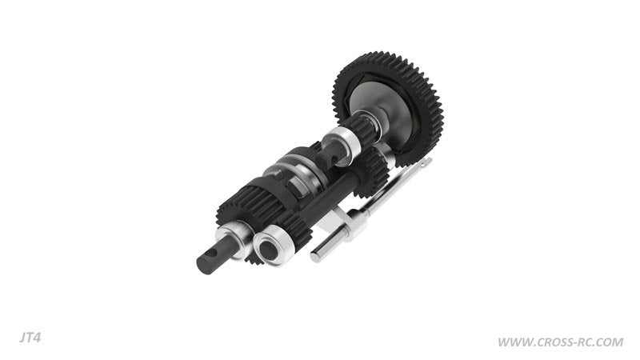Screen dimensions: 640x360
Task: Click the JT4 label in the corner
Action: click(x=30, y=338)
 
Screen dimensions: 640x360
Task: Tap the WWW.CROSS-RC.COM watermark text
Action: click(x=560, y=342)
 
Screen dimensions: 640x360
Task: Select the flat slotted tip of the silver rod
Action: click(x=426, y=162)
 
